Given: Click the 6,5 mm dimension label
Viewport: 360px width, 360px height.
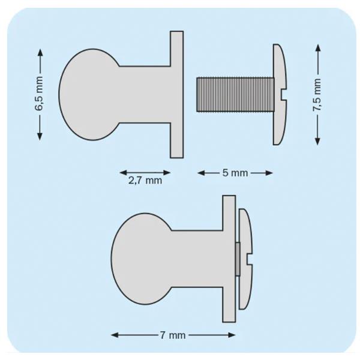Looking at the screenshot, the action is click(39, 94).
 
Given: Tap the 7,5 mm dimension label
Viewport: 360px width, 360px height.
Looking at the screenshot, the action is click(317, 95).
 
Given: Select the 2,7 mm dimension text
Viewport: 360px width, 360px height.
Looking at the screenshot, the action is click(145, 181).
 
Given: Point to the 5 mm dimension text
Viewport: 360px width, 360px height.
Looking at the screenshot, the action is click(235, 173).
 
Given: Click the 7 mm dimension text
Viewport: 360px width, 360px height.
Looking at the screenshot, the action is click(173, 335).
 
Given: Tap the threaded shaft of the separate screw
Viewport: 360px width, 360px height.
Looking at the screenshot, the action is click(235, 95).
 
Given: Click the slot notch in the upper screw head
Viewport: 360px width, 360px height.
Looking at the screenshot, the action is click(284, 95).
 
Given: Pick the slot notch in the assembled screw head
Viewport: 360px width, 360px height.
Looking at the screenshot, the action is click(250, 259).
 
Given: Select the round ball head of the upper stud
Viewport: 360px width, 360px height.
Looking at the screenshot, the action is click(89, 94).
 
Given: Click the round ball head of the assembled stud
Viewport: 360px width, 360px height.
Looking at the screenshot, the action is click(142, 259).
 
